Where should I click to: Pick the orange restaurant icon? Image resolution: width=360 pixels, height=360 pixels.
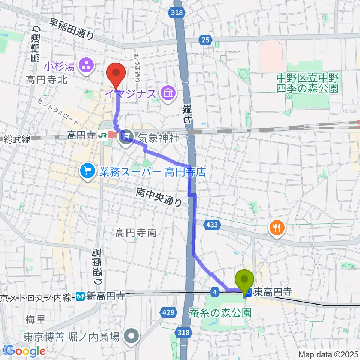click(277, 227)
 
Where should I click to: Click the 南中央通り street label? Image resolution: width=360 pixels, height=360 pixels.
click(159, 197)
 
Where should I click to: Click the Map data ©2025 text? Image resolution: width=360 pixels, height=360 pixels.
click(328, 354)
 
